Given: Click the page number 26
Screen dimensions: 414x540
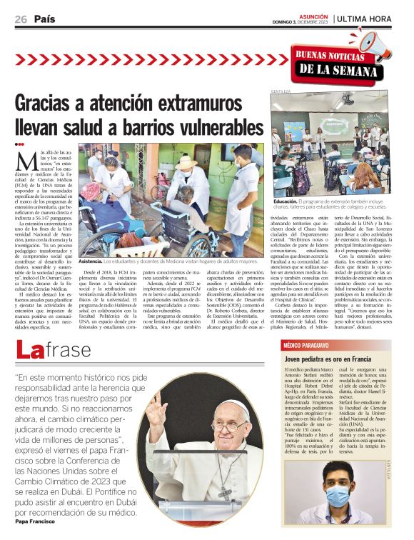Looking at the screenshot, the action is coord(21,19).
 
